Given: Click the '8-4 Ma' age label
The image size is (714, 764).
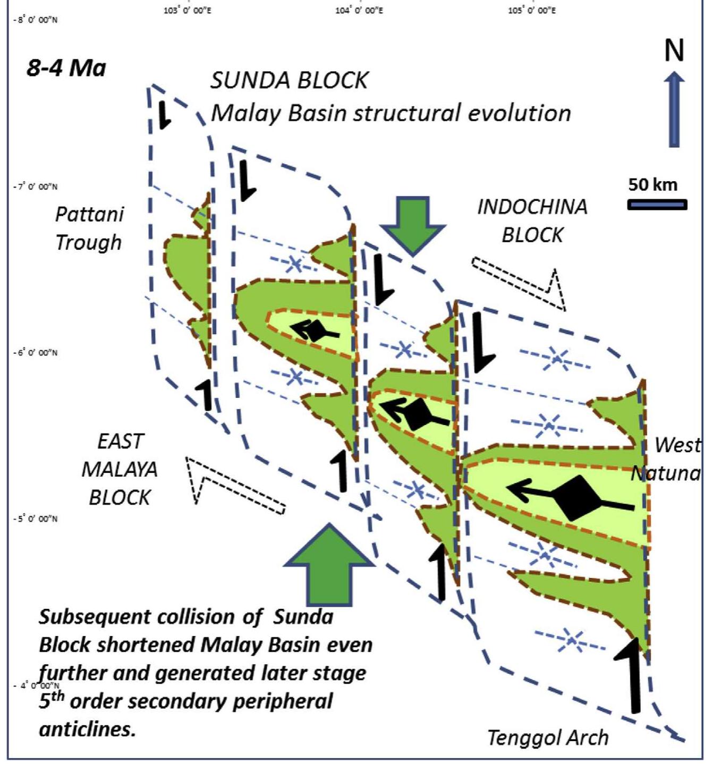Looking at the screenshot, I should point(66,69).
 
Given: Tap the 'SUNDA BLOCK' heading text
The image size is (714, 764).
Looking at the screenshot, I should point(289,81).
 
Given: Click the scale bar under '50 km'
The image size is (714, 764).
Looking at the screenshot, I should point(657,205).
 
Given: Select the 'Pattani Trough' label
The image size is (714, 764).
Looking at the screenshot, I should point(89,228).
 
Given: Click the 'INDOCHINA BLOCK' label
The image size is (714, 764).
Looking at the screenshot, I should point(532,220).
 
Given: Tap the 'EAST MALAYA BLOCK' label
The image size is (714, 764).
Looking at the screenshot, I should point(120,470).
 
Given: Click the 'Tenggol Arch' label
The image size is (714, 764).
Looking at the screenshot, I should point(548,737).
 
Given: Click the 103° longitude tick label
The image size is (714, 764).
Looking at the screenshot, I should point(188,10).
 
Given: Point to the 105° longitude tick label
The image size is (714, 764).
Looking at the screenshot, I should point(532,10).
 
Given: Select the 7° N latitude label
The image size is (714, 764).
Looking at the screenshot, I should point(36,186).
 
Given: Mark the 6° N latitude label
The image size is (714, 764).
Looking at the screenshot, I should point(36,353).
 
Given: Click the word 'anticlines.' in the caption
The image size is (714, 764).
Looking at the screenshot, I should point(88,729).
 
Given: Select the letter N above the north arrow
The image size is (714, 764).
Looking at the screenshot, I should point(674,50).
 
